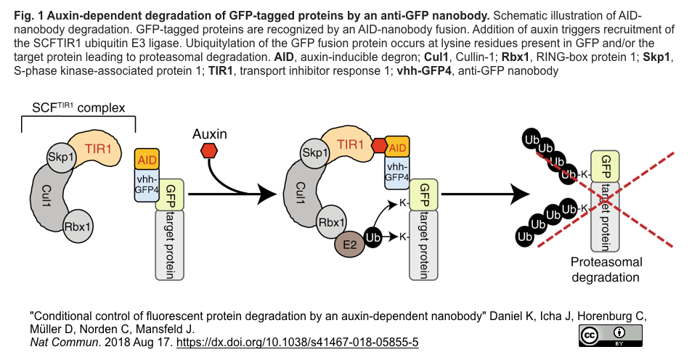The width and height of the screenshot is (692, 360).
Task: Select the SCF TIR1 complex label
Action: pyautogui.click(x=78, y=108)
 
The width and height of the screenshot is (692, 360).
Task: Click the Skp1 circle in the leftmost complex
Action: pyautogui.click(x=61, y=155)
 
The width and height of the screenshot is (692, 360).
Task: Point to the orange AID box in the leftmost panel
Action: pyautogui.click(x=147, y=159)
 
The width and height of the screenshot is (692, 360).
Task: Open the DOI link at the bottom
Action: pyautogui.click(x=298, y=341)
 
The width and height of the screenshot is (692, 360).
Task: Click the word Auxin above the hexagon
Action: pyautogui.click(x=209, y=134)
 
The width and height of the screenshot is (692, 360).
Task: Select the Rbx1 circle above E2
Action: pyautogui.click(x=332, y=223)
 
